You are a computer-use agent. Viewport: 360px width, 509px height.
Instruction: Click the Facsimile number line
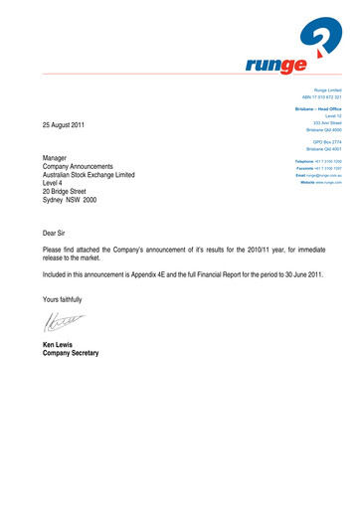pyautogui.click(x=318, y=167)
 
